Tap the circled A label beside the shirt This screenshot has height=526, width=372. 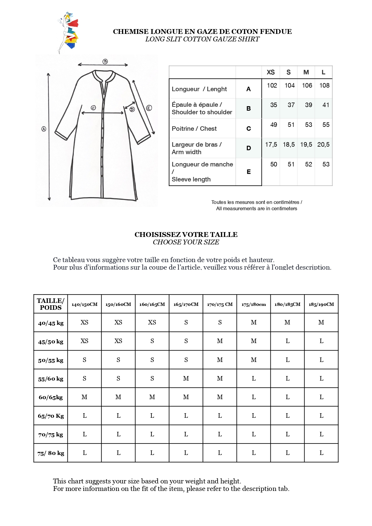pos(44,129)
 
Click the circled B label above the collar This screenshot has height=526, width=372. pos(105,61)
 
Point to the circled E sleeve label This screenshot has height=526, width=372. pos(149,108)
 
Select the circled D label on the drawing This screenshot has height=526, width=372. pos(132,109)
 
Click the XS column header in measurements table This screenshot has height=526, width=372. pos(271,72)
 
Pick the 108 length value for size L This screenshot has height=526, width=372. pos(324,85)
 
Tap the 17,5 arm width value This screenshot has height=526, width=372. pos(271,145)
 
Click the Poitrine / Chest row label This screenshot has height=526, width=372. pos(194,129)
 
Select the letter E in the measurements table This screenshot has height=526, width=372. pos(248,172)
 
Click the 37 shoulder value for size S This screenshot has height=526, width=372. pos(291,105)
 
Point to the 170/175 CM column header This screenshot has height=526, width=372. pos(220,304)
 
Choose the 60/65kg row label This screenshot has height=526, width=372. pos(51,397)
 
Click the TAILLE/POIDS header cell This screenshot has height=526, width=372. pos(51,304)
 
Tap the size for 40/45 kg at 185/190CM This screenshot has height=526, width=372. pos(321,322)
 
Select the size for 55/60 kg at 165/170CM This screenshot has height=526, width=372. pos(186,378)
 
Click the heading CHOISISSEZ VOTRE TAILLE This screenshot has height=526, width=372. pos(186,235)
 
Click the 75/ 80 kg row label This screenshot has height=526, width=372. pos(51,453)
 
